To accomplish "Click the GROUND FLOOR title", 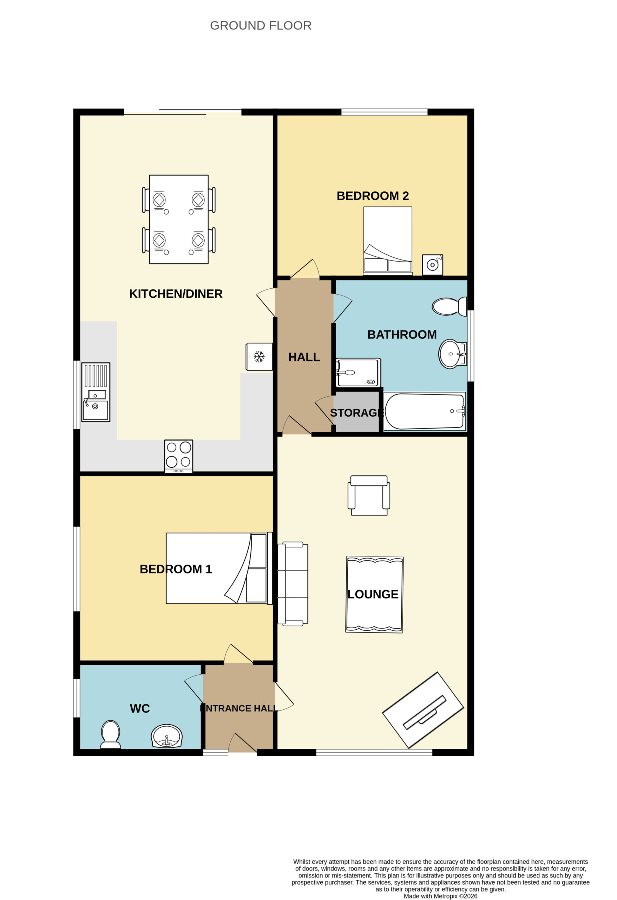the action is pyautogui.click(x=260, y=26).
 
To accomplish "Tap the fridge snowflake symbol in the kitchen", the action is pyautogui.click(x=259, y=357).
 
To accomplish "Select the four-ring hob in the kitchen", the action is pyautogui.click(x=179, y=457).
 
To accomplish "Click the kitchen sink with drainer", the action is pyautogui.click(x=96, y=392).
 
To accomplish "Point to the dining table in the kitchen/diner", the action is pyautogui.click(x=179, y=219).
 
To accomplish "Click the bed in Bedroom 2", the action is pyautogui.click(x=388, y=240).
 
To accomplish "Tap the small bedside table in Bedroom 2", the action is pyautogui.click(x=433, y=265).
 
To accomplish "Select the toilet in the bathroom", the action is pyautogui.click(x=449, y=307).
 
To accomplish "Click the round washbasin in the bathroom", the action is pyautogui.click(x=452, y=354).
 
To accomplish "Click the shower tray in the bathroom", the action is pyautogui.click(x=358, y=373).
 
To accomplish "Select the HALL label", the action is pyautogui.click(x=304, y=357).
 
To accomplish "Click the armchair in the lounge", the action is pyautogui.click(x=369, y=495).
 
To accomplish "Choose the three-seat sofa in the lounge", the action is pyautogui.click(x=293, y=584).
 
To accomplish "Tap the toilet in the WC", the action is pyautogui.click(x=111, y=734).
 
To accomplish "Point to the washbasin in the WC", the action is pyautogui.click(x=167, y=736).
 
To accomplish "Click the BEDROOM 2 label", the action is pyautogui.click(x=373, y=196).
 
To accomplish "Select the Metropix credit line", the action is pyautogui.click(x=440, y=896).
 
